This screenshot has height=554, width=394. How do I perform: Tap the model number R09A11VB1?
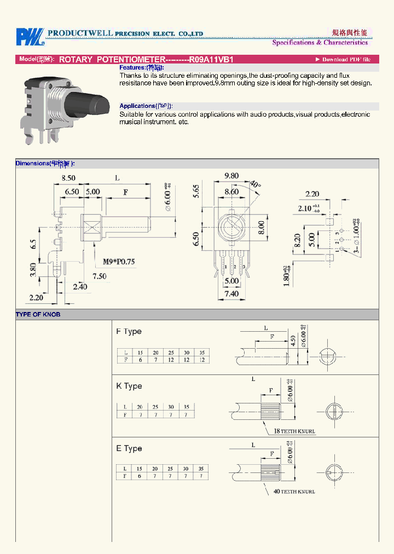(211, 59)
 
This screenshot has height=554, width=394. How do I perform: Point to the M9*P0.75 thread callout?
(119, 262)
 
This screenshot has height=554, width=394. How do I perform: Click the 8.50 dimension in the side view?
(68, 178)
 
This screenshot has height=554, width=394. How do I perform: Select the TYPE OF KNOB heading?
(38, 315)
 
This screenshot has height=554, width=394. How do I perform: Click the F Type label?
(129, 332)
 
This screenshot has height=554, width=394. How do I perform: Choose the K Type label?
(129, 386)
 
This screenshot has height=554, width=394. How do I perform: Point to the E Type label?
(129, 449)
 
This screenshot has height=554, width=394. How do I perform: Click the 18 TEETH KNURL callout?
(294, 431)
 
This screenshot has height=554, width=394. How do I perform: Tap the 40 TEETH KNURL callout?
(294, 492)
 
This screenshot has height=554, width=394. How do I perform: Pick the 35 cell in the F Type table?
(201, 353)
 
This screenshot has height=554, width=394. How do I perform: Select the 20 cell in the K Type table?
(140, 407)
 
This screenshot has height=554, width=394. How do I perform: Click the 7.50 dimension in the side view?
(100, 276)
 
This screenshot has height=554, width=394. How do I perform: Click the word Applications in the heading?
(137, 106)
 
